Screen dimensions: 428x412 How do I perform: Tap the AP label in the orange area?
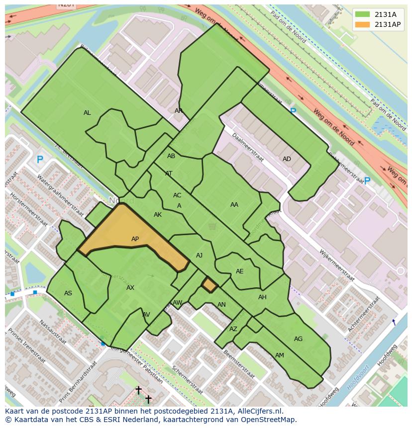[135, 239]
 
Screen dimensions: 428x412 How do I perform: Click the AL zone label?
[87, 113]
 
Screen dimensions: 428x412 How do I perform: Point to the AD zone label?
[287, 159]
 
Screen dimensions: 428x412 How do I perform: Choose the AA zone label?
[234, 204]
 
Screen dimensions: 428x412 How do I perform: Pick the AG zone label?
[298, 339]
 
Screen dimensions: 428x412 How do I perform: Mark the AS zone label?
[68, 293]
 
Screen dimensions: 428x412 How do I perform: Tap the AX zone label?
[130, 288]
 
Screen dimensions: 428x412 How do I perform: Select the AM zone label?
[280, 355]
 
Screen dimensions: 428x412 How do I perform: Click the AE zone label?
[240, 271]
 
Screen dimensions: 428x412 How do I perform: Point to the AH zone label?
[262, 297]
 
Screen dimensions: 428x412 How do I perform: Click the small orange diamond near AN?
[209, 284]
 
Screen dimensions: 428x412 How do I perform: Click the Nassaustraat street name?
[52, 332]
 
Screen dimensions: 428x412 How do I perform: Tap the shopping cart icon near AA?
[212, 227]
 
